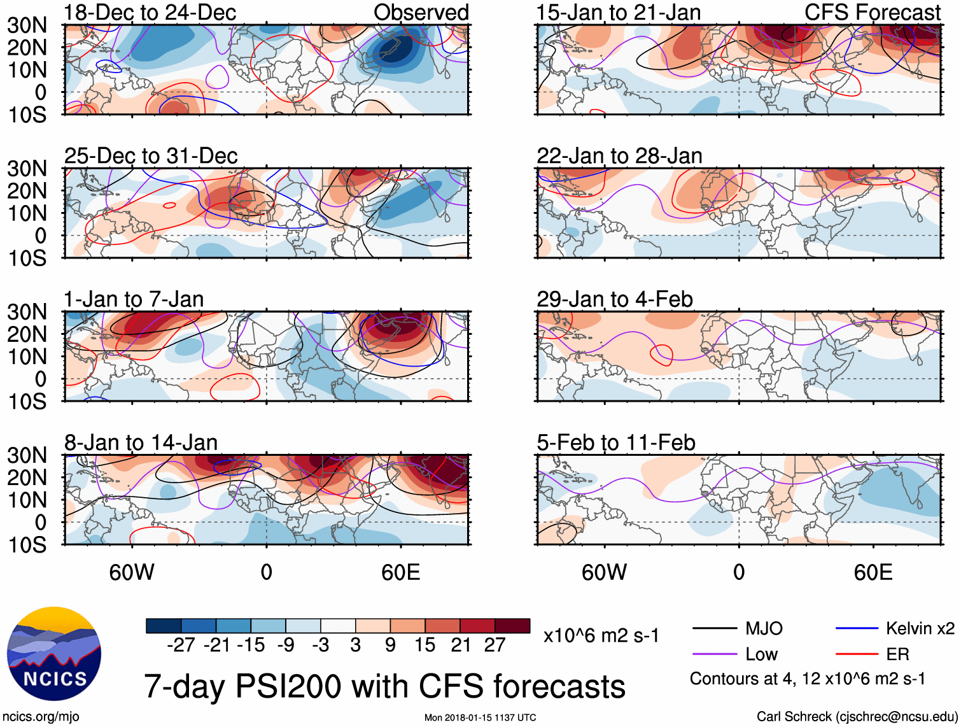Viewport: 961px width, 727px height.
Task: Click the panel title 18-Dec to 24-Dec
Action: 150,12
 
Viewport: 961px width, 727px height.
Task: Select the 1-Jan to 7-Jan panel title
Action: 134,299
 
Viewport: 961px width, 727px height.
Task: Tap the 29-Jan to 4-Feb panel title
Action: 614,299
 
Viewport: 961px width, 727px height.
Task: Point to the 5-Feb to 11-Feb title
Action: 615,442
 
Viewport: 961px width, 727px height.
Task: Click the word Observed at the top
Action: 421,12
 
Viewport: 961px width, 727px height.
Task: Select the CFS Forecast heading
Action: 872,12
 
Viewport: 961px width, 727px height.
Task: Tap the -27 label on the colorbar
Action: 181,646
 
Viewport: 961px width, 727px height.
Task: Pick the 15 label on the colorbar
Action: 424,646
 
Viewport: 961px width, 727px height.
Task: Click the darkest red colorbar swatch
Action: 512,626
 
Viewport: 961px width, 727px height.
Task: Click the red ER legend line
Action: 856,654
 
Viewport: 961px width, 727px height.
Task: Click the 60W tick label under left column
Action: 132,572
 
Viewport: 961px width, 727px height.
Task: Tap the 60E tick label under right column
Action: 873,572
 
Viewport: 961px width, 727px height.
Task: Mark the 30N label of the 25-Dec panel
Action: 27,169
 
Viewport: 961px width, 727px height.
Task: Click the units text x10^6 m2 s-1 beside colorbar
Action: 601,635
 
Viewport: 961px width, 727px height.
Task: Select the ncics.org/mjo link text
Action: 41,717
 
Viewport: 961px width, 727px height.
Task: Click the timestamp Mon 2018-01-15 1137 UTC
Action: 480,717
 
